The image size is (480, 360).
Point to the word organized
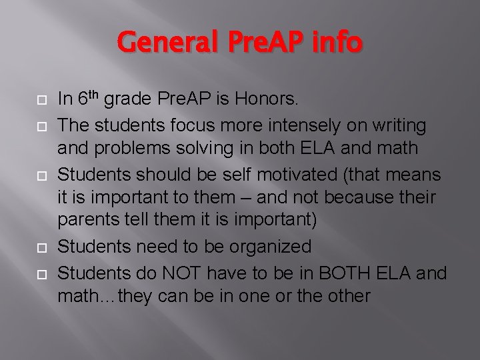pyautogui.click(x=270, y=247)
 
